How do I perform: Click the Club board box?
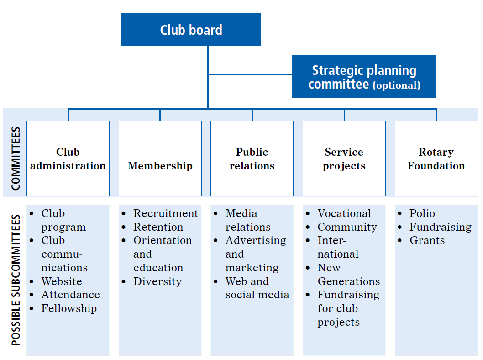click(x=191, y=30)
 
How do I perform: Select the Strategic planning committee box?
click(x=364, y=77)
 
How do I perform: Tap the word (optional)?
click(x=396, y=85)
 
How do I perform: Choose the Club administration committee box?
click(x=68, y=159)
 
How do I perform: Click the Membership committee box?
click(x=160, y=159)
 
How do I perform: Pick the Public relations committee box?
click(x=252, y=159)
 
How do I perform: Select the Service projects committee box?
click(x=344, y=159)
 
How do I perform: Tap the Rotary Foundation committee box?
click(x=436, y=159)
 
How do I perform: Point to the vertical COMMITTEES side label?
click(x=16, y=159)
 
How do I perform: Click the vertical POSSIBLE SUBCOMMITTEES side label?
click(x=16, y=280)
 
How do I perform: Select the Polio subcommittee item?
click(x=422, y=213)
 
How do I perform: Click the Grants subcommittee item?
click(x=427, y=240)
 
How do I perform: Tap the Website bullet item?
click(x=62, y=281)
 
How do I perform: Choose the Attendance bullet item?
click(x=70, y=295)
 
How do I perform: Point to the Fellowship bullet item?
click(x=69, y=308)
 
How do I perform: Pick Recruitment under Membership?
click(x=165, y=213)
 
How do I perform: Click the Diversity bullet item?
click(x=157, y=281)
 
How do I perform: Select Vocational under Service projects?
click(x=344, y=213)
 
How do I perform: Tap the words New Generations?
click(x=348, y=275)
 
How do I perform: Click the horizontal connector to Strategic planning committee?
click(x=250, y=74)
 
